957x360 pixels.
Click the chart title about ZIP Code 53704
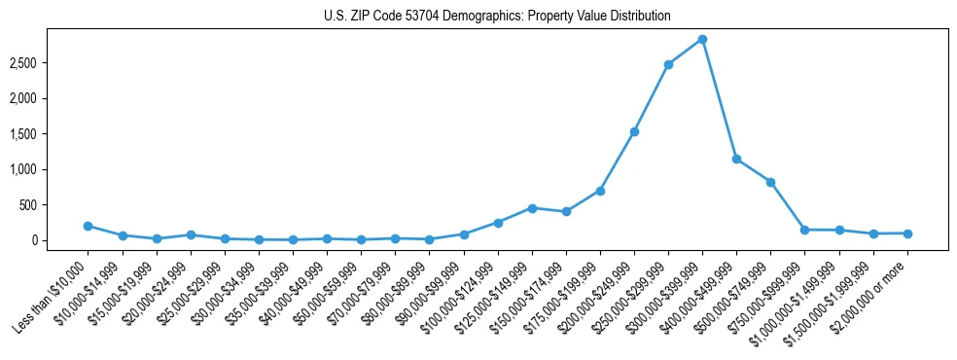click(x=497, y=17)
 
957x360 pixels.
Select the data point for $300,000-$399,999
click(x=702, y=39)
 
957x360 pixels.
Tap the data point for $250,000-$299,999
click(x=668, y=64)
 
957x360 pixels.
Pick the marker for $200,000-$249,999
click(x=634, y=131)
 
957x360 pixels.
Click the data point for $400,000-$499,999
click(x=736, y=159)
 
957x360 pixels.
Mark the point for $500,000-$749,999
click(x=770, y=182)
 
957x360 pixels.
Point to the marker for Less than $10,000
click(x=89, y=226)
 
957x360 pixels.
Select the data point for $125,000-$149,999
click(x=532, y=208)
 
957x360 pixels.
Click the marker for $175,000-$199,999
click(x=600, y=191)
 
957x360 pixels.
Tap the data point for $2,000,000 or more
click(x=906, y=234)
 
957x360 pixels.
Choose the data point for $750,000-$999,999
click(x=804, y=230)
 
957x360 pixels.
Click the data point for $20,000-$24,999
click(x=191, y=234)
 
